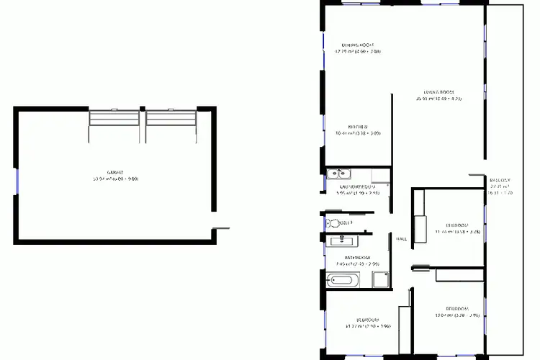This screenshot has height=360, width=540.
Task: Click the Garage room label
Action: point(115,172)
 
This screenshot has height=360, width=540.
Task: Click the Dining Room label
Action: point(359,44)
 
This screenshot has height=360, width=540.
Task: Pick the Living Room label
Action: point(438,92)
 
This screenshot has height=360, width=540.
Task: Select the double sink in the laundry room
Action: point(338,174)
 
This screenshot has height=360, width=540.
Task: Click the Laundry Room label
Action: point(358,187)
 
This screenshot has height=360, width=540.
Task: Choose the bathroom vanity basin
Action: point(337,240)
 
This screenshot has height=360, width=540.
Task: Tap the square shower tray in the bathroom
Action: point(379,279)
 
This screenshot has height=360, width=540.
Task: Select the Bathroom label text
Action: point(357,258)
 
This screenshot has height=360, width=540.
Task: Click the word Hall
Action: point(401,239)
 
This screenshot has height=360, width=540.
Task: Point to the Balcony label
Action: point(500,180)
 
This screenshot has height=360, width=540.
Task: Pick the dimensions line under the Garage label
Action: point(115,179)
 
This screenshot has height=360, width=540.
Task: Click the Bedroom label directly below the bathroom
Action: point(367,320)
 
